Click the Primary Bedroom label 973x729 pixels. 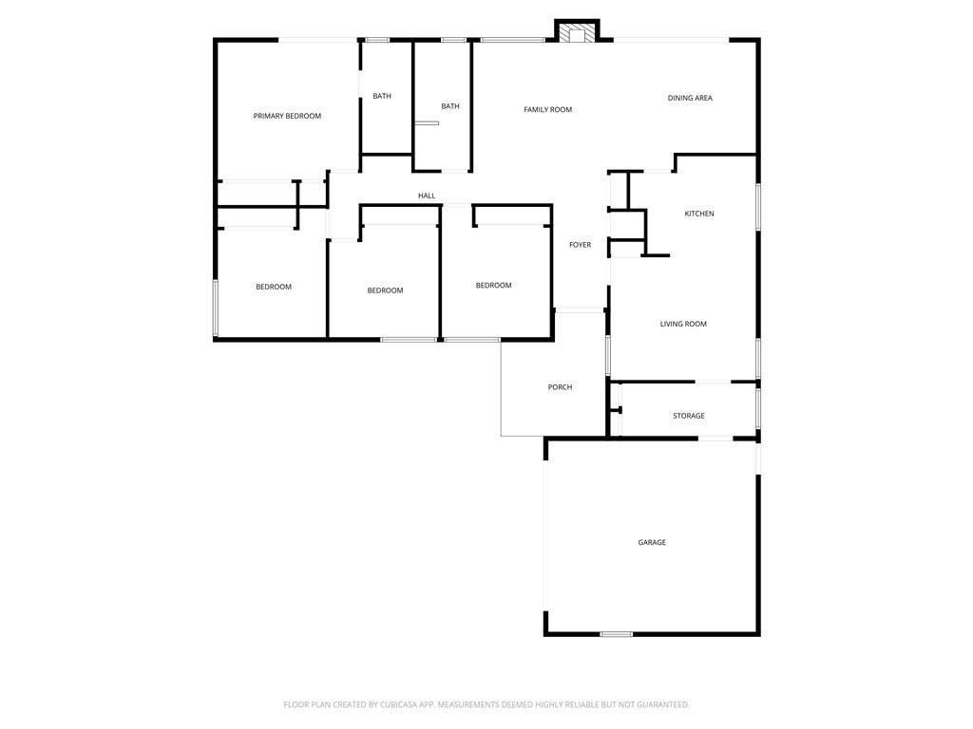click(287, 116)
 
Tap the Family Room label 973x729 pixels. click(548, 110)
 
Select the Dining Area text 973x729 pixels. click(690, 98)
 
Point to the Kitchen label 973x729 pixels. click(699, 214)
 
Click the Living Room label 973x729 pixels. click(683, 325)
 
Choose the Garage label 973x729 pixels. click(652, 542)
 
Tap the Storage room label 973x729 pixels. click(689, 416)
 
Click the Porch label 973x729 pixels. click(560, 387)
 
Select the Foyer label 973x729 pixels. click(581, 245)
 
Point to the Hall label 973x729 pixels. click(427, 196)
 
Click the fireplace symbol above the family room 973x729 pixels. click(577, 33)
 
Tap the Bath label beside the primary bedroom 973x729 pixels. click(382, 96)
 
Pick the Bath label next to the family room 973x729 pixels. click(450, 106)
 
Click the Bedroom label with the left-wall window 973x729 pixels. click(274, 287)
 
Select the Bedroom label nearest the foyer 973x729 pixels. click(494, 286)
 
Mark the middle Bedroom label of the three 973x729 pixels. click(386, 290)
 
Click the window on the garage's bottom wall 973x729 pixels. click(616, 634)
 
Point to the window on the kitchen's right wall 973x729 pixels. click(757, 207)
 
